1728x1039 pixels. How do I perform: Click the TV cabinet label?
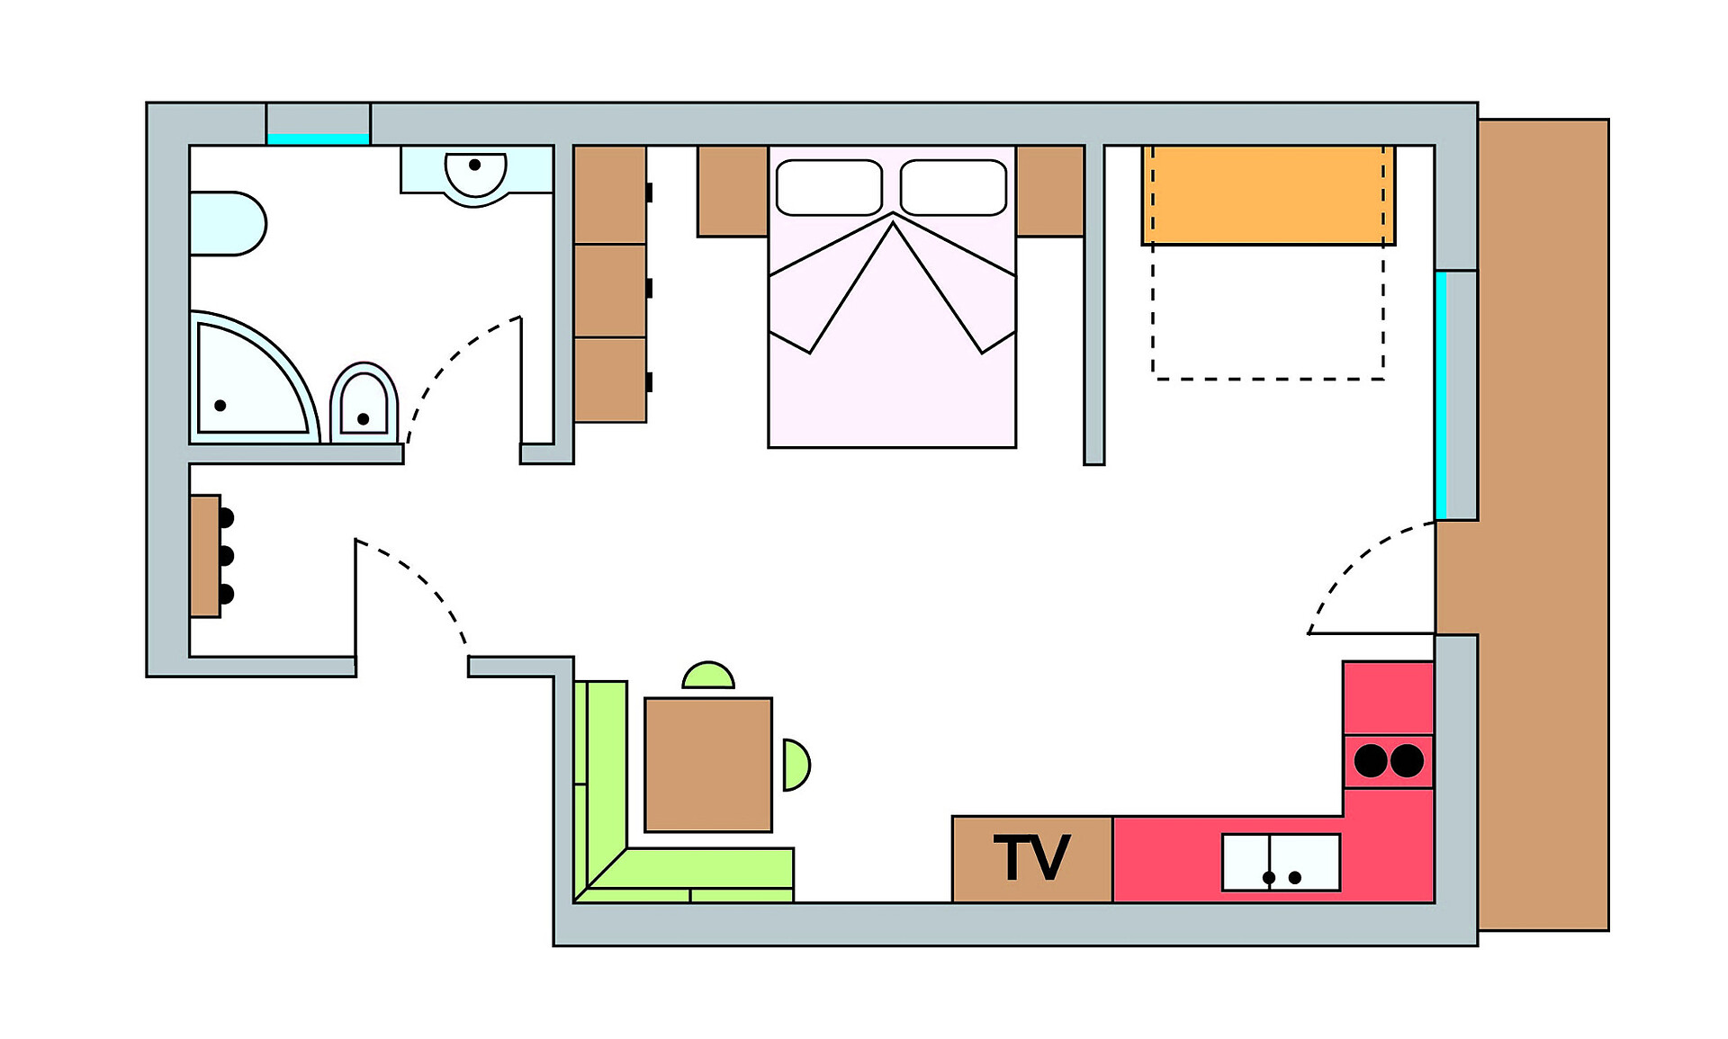[1031, 858]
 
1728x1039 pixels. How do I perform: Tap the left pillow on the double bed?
[829, 187]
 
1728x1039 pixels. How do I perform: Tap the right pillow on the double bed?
[953, 187]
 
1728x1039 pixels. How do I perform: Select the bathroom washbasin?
[475, 173]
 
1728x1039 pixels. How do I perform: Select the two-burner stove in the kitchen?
[1389, 761]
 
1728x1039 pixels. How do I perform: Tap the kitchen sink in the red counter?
[1281, 862]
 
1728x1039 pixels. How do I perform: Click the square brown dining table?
[708, 765]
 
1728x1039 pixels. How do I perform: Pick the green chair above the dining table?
[708, 676]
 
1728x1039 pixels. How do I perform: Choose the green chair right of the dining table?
[796, 765]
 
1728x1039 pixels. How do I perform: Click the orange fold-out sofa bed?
[1268, 195]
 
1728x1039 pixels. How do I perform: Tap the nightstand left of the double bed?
[732, 191]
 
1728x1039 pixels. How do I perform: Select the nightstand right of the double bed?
[1049, 191]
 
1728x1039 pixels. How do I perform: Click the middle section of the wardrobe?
[610, 290]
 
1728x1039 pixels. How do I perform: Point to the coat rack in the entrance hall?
[208, 556]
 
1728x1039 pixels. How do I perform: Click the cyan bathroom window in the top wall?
[318, 139]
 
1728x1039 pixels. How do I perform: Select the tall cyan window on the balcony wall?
[1441, 396]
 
